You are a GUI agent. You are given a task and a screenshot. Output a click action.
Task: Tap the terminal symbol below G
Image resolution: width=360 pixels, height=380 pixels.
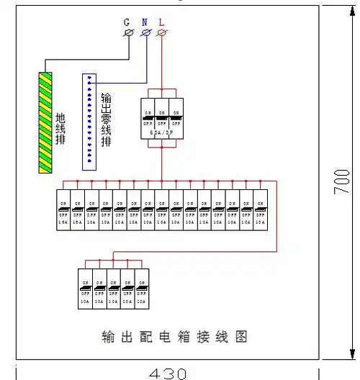130,33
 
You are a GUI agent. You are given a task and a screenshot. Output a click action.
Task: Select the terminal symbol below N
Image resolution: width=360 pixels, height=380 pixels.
146,33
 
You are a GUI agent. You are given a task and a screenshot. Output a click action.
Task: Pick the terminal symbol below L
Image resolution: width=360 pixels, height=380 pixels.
163,33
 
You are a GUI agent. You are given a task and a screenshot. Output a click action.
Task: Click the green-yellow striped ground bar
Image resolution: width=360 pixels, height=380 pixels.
46,122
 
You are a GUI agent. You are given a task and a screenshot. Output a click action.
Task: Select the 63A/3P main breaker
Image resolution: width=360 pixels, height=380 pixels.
162,118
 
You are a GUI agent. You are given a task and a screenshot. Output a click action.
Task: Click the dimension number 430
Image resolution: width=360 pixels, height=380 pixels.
168,373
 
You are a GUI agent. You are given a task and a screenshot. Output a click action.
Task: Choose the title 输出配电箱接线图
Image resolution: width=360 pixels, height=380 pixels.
175,335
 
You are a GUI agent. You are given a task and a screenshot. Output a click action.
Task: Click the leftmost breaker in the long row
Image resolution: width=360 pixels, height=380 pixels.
63,209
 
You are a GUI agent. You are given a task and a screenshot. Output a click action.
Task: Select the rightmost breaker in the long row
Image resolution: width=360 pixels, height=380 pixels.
261,209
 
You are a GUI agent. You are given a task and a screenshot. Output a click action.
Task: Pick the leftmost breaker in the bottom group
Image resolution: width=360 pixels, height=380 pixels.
85,288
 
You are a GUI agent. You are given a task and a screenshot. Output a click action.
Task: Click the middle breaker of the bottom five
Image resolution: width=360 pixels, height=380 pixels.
113,288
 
